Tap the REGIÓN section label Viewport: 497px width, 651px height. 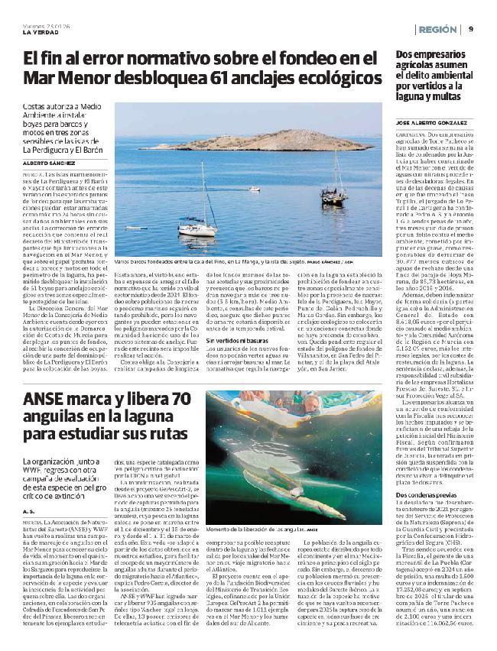(437, 29)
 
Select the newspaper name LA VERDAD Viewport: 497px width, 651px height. (39, 31)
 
